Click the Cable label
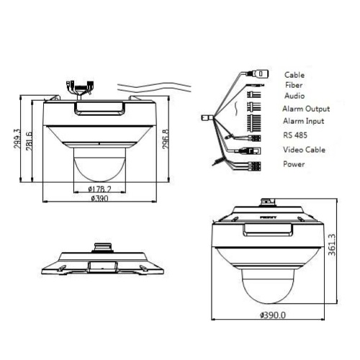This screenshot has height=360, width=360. pos(294,74)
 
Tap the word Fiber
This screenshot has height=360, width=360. pos(293,84)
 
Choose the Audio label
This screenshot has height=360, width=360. pos(294,94)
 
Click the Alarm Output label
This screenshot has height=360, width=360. pos(305,108)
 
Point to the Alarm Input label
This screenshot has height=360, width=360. pos(303,121)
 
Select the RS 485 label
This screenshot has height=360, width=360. pos(297,135)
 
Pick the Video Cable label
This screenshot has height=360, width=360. pos(304,150)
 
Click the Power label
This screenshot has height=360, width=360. pos(294,164)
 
